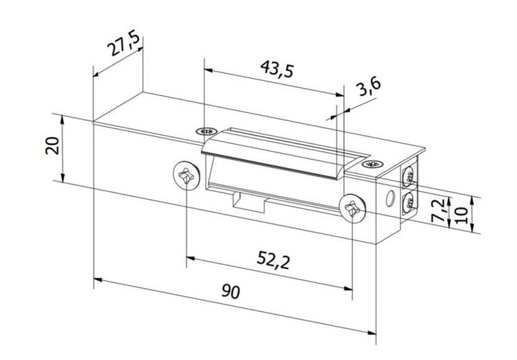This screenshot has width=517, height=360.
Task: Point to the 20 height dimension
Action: [x=54, y=146]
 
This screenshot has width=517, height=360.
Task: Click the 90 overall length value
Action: [x=230, y=291]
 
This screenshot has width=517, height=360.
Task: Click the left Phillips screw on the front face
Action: [x=186, y=175]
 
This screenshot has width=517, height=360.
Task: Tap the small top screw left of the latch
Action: [x=207, y=130]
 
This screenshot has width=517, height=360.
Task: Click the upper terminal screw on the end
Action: [x=409, y=173]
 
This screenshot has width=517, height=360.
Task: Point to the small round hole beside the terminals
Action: [x=390, y=196]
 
